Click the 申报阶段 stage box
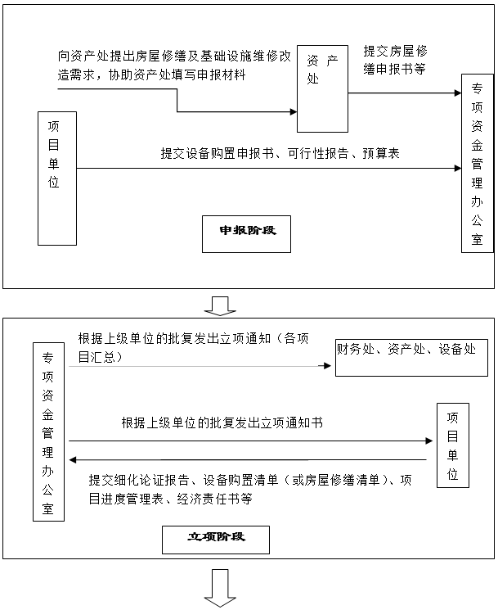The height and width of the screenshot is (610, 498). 246,234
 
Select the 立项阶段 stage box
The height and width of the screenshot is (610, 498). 216,540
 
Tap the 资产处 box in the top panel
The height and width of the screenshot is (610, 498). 322,88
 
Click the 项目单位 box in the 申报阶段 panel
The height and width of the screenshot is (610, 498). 57,178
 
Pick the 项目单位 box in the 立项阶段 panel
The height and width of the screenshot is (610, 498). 453,445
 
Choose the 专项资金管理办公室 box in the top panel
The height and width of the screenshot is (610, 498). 478,164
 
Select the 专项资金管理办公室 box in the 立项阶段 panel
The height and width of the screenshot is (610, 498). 48,432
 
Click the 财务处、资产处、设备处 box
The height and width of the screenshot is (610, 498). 411,358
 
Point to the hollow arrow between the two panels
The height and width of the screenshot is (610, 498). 220,305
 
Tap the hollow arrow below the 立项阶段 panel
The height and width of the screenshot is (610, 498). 220,587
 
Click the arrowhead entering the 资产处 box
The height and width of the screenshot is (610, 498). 294,112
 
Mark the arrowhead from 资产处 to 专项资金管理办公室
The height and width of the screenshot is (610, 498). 458,93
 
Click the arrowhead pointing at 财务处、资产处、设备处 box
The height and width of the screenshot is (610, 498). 327,366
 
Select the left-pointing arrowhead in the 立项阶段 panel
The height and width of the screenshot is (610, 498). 73,460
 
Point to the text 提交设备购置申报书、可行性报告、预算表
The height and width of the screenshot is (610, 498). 280,153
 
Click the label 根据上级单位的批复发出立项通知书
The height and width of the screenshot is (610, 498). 222,422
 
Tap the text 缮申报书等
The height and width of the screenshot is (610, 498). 394,69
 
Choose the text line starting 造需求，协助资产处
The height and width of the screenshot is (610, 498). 151,75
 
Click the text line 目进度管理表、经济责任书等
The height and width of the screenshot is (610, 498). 171,499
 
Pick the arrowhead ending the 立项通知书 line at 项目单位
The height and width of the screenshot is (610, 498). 429,441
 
